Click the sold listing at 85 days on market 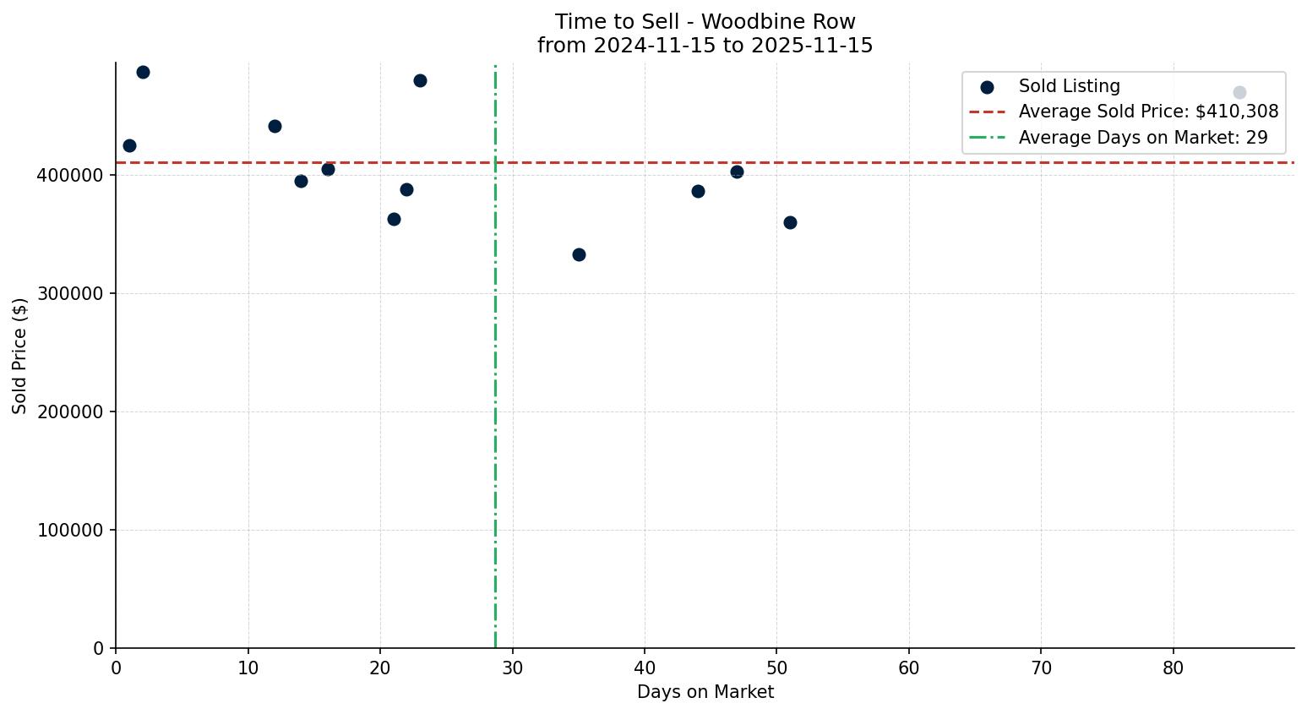tap(1239, 93)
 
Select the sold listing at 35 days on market tap(579, 254)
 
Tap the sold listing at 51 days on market tap(790, 222)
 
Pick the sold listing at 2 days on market tap(143, 73)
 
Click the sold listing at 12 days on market tap(275, 126)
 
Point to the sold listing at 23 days tap(420, 80)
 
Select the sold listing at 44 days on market tap(698, 191)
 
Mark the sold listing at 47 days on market tap(737, 172)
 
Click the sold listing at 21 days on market tap(394, 219)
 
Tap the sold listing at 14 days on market tap(301, 181)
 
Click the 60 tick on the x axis tap(909, 668)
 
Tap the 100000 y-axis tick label tap(71, 530)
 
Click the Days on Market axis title tap(705, 692)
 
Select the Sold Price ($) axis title tap(19, 356)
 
